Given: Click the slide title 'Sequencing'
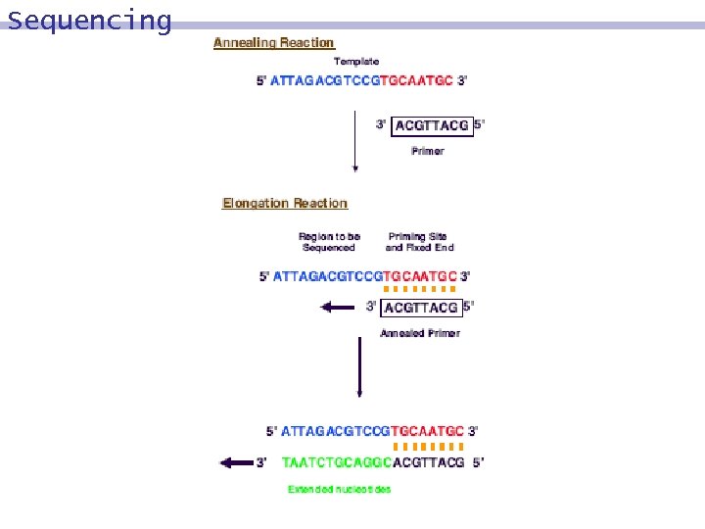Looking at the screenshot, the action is pyautogui.click(x=89, y=20).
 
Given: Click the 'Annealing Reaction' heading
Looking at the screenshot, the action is pyautogui.click(x=274, y=43).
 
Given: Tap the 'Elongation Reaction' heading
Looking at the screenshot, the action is pyautogui.click(x=285, y=204).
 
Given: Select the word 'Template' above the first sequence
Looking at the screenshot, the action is pyautogui.click(x=356, y=62).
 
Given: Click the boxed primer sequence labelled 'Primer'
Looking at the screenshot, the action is pyautogui.click(x=431, y=125).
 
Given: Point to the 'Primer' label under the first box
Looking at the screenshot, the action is pyautogui.click(x=428, y=151).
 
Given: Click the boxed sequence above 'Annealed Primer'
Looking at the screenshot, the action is pyautogui.click(x=421, y=308).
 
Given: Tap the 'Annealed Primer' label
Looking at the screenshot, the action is pyautogui.click(x=420, y=333).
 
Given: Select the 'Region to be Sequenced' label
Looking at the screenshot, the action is pyautogui.click(x=329, y=242).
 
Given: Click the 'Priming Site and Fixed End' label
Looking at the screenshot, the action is pyautogui.click(x=420, y=242).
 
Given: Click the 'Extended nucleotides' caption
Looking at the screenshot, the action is pyautogui.click(x=339, y=489).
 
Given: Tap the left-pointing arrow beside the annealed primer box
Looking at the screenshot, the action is pyautogui.click(x=336, y=308).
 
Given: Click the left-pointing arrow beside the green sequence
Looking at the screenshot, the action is pyautogui.click(x=236, y=462).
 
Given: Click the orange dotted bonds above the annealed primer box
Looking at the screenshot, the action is pyautogui.click(x=420, y=290).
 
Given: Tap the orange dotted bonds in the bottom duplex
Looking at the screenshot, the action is pyautogui.click(x=428, y=446).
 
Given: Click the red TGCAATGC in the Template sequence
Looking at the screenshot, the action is pyautogui.click(x=416, y=80).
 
